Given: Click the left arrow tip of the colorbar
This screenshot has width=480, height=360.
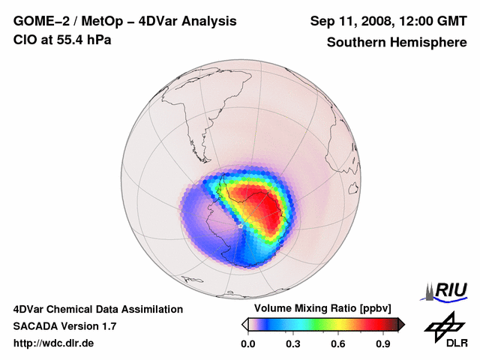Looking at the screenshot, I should coord(244,324).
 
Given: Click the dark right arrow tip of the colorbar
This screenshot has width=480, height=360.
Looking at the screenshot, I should coord(402,324).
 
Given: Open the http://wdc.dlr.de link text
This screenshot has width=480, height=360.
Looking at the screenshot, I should coord(54,343).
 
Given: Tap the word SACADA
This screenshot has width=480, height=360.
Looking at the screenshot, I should coord(36,326).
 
